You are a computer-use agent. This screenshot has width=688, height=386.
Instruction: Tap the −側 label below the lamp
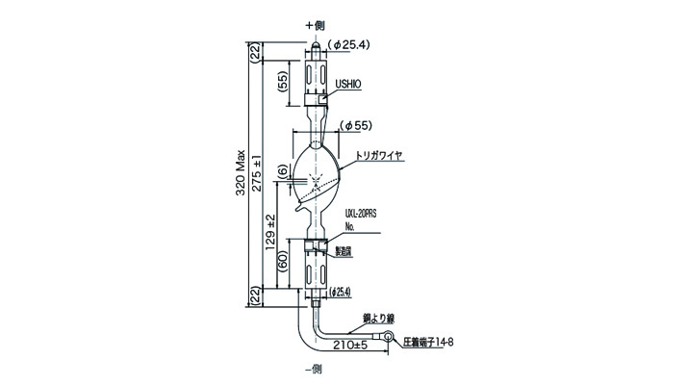coord(316,370)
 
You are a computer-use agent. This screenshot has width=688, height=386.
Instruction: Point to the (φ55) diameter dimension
coord(356,125)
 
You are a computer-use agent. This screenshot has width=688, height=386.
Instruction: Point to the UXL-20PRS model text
coord(359,219)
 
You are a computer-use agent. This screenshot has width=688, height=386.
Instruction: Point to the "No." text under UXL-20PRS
coord(349,231)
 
